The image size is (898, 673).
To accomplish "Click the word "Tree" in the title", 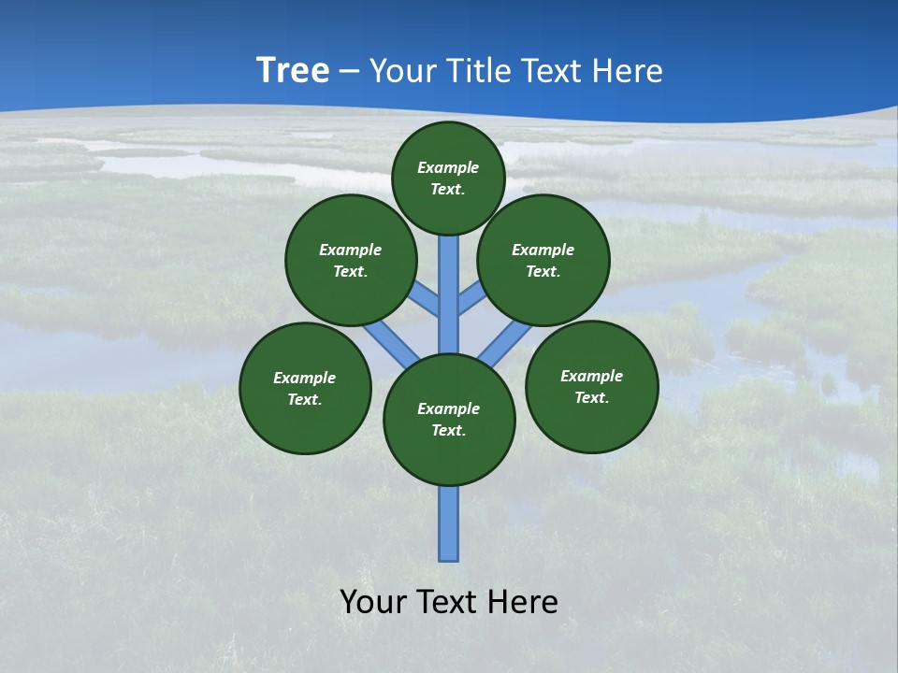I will pyautogui.click(x=293, y=70).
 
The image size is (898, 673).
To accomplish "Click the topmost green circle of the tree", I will pyautogui.click(x=448, y=178).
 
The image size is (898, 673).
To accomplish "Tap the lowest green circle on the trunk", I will pyautogui.click(x=449, y=420).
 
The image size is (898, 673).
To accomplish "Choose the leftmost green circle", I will pyautogui.click(x=305, y=388).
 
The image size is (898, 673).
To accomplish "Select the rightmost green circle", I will pyautogui.click(x=591, y=386).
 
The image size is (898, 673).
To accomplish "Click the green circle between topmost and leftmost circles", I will pyautogui.click(x=350, y=260).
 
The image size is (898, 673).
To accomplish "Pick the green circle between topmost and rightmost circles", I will pyautogui.click(x=543, y=260).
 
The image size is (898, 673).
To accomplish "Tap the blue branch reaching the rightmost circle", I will pyautogui.click(x=504, y=341).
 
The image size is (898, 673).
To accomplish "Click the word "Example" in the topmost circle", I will pyautogui.click(x=448, y=167).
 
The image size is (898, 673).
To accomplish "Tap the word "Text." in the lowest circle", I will pyautogui.click(x=448, y=430).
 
